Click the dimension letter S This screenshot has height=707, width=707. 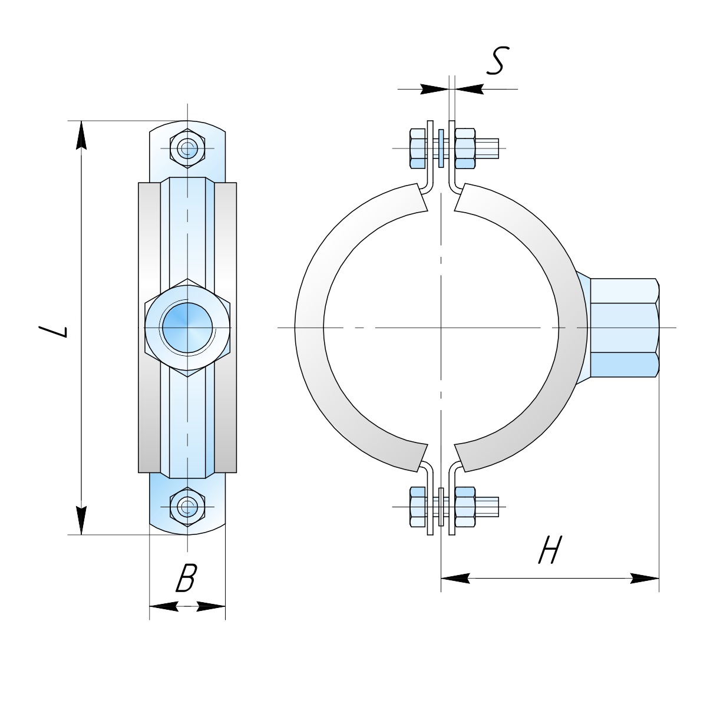498,61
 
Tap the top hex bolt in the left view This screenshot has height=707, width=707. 187,148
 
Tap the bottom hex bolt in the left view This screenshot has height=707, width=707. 187,507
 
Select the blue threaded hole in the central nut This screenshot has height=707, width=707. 187,327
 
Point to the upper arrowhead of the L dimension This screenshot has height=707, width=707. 81,136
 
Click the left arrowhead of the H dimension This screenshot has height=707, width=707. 455,579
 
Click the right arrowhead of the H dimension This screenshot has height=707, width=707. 645,579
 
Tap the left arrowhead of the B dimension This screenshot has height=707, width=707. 164,606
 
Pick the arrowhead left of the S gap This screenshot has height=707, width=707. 435,89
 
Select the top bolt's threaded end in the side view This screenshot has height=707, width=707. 487,148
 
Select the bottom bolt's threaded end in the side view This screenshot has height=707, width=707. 487,507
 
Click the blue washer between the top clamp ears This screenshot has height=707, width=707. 441,148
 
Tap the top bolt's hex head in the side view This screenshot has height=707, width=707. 418,148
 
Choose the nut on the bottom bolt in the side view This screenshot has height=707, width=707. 465,507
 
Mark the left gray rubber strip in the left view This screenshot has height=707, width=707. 149,327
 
